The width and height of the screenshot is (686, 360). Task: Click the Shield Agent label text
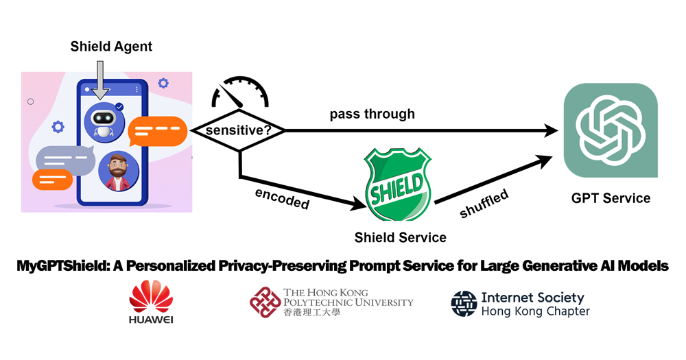[111, 47]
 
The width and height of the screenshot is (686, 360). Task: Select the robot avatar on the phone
[102, 121]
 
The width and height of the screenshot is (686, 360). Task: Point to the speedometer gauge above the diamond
[239, 93]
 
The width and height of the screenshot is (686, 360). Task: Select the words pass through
[372, 114]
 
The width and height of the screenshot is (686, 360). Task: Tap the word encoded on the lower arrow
[282, 198]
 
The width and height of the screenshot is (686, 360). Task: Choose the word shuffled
[484, 204]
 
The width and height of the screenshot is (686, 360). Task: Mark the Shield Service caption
[400, 238]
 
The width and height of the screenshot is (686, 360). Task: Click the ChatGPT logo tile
[610, 130]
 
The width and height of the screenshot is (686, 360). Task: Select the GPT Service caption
[611, 198]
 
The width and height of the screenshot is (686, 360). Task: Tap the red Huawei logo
[150, 298]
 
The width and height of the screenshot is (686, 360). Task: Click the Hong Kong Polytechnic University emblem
[265, 302]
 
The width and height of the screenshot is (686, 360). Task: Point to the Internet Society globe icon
[464, 304]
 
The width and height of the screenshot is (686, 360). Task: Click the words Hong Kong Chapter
[535, 311]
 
